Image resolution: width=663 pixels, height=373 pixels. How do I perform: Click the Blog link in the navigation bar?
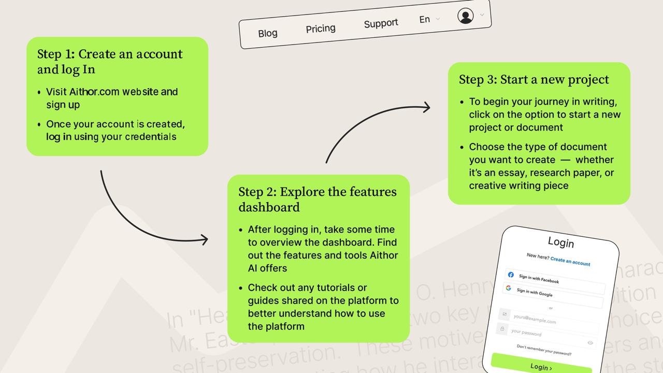[268, 33]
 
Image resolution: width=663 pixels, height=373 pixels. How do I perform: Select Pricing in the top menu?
[321, 28]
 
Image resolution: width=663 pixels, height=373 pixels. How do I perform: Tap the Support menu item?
[381, 23]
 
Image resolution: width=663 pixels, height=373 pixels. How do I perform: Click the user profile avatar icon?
[466, 16]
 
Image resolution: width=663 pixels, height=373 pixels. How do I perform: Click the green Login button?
[541, 366]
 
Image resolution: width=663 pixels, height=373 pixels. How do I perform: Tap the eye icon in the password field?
[590, 342]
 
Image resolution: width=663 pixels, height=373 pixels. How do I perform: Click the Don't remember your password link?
[544, 350]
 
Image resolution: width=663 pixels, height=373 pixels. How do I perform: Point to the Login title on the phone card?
[561, 242]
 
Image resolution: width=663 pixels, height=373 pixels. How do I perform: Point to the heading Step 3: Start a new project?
[534, 79]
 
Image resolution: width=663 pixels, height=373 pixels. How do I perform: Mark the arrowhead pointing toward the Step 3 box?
[426, 107]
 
